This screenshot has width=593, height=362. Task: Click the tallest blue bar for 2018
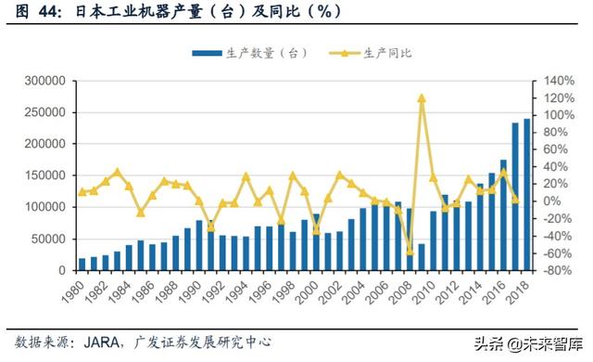pyautogui.click(x=527, y=195)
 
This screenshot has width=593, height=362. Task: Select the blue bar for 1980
pyautogui.click(x=82, y=265)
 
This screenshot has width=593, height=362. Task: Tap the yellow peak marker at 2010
pyautogui.click(x=422, y=97)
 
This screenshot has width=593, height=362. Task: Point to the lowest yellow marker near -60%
pyautogui.click(x=410, y=252)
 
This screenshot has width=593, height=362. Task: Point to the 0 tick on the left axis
pyautogui.click(x=59, y=271)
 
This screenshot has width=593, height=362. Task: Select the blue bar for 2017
pyautogui.click(x=515, y=197)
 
